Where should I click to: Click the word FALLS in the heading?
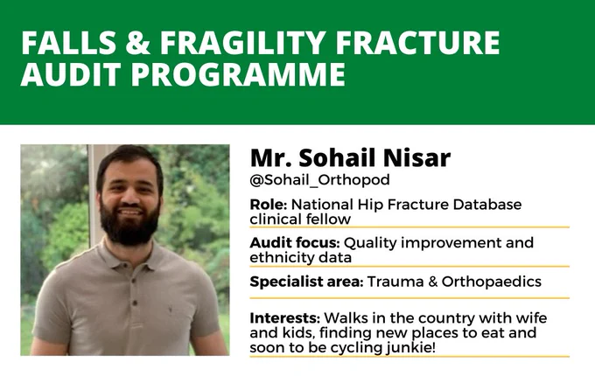point(68,43)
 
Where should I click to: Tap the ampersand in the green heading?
point(137,43)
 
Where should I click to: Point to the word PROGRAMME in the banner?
point(238,74)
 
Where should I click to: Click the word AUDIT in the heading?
point(71,74)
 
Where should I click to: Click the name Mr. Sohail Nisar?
point(350,157)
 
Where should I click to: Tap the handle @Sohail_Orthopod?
point(320,180)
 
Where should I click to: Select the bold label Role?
point(269,205)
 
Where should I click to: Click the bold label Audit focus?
point(295,242)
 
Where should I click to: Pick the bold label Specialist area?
point(306,282)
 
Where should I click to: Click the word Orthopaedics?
point(492,282)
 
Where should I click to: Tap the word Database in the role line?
point(487,205)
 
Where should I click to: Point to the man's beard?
point(129,224)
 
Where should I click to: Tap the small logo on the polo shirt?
point(170,310)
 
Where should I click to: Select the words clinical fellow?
point(300,219)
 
